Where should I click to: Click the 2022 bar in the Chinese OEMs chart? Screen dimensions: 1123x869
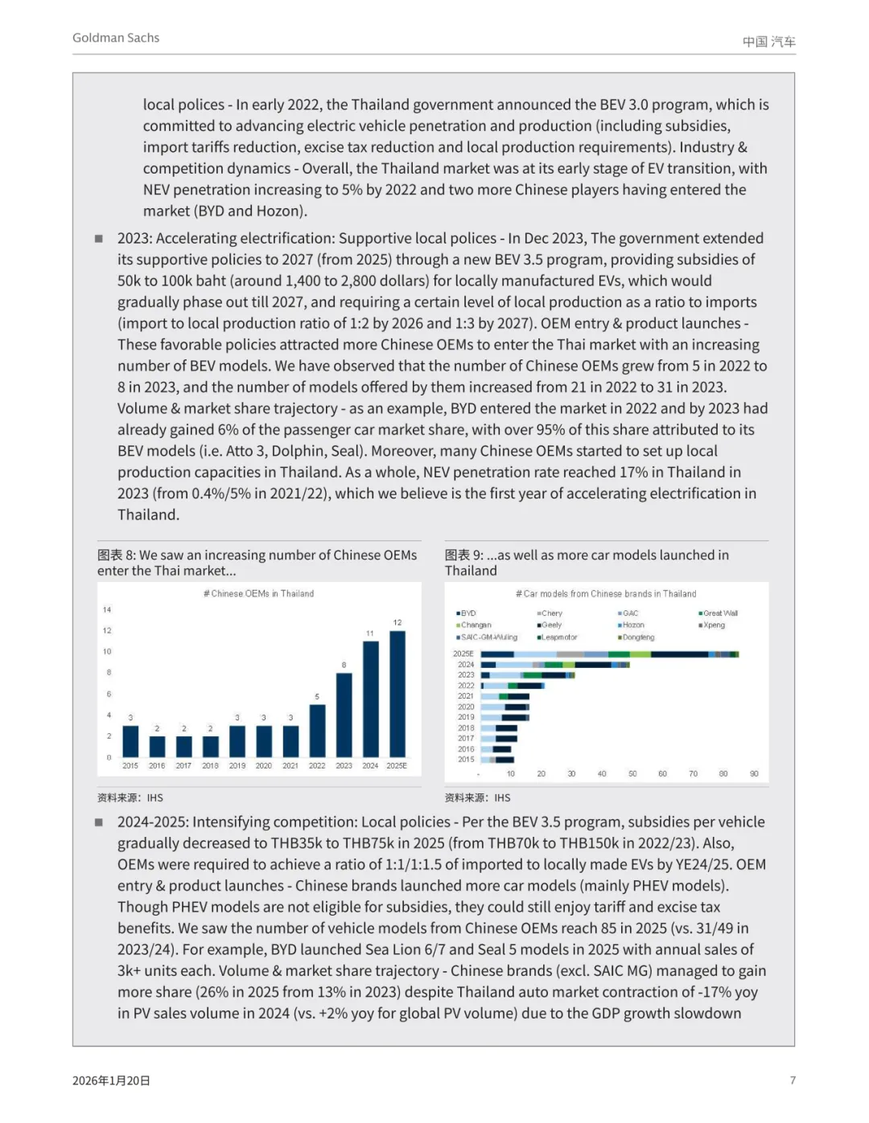[x=317, y=731]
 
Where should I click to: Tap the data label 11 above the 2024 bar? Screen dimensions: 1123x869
[x=370, y=633]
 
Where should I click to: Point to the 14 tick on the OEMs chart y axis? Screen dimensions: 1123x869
[x=107, y=609]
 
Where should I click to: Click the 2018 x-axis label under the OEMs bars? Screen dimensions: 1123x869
[x=210, y=766]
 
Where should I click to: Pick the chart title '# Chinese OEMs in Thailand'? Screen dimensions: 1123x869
[x=258, y=593]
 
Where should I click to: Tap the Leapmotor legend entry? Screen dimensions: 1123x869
[x=558, y=637]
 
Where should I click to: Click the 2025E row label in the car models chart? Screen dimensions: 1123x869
[x=463, y=654]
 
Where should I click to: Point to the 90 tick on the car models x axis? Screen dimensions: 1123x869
[x=754, y=774]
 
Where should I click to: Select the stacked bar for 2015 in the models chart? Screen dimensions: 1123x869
[x=497, y=759]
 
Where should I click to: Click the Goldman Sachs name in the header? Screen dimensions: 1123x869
[x=116, y=38]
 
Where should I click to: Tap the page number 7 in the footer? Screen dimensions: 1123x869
[x=793, y=1080]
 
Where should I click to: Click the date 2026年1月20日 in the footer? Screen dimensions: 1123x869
[x=111, y=1080]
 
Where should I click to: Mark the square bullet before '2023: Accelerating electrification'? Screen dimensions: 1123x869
[x=99, y=239]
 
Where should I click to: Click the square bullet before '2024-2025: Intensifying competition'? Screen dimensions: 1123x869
[x=99, y=822]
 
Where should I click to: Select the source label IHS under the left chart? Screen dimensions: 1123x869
[x=154, y=797]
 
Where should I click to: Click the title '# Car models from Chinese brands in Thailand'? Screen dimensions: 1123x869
[x=606, y=593]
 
